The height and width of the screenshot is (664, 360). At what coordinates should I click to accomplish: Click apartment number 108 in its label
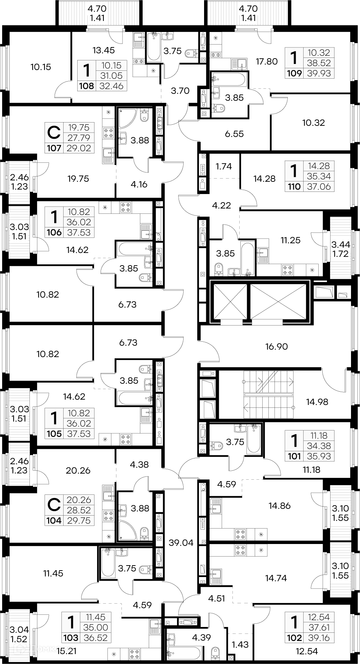tap(87, 86)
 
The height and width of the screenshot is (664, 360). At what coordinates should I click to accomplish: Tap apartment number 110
tap(294, 187)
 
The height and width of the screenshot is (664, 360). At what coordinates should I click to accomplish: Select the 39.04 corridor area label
tap(181, 543)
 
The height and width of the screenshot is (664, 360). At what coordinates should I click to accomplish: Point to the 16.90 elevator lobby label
tap(277, 347)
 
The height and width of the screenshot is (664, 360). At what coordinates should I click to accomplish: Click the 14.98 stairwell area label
tap(317, 402)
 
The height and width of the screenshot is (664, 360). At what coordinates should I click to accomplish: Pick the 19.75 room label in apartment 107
tap(78, 179)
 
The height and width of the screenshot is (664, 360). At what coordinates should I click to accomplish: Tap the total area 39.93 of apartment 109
tap(319, 73)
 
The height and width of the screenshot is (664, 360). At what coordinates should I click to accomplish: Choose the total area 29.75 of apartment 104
tap(79, 521)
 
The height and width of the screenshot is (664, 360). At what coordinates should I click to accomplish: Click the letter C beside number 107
tap(54, 133)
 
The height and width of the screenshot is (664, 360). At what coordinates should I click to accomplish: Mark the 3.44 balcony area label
tap(340, 245)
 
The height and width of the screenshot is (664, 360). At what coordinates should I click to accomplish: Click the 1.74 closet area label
tap(223, 166)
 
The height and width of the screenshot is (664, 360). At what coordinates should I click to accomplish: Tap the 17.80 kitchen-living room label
tap(267, 61)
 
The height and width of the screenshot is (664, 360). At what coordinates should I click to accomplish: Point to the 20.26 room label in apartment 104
tap(78, 470)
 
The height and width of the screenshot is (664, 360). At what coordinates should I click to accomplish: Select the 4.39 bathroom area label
tap(202, 637)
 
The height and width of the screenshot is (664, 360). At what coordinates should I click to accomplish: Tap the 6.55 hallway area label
tap(234, 134)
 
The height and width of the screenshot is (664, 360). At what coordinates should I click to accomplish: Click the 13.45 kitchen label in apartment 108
tap(103, 50)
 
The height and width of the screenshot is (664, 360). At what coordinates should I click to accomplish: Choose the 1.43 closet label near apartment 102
tap(240, 645)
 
